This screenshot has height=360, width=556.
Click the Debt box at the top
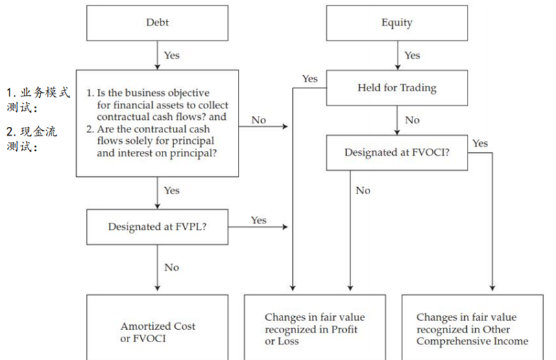click(x=157, y=23)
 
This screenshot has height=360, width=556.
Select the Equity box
click(x=397, y=23)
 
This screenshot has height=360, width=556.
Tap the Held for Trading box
click(x=397, y=88)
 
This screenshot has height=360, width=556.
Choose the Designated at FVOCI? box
click(x=397, y=152)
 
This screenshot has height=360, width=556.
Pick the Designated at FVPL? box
click(x=158, y=227)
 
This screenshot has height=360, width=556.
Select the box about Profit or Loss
click(x=315, y=329)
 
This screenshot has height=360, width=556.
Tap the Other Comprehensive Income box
click(x=472, y=329)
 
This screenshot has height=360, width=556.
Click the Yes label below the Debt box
click(x=172, y=55)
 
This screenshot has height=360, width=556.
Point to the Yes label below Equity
click(x=412, y=55)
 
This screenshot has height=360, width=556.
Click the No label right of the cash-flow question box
click(x=258, y=120)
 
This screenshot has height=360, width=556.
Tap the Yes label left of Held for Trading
click(x=310, y=79)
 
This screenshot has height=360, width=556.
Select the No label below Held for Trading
click(x=412, y=120)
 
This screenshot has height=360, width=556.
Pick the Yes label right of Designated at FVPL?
click(x=258, y=220)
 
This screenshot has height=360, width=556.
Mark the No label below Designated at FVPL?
click(x=172, y=267)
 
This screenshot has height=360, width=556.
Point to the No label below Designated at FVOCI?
click(x=363, y=190)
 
